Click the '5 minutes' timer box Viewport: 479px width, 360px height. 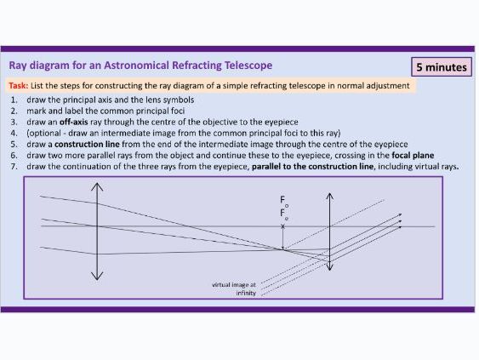pyautogui.click(x=442, y=66)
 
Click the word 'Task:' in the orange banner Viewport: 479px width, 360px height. pyautogui.click(x=18, y=86)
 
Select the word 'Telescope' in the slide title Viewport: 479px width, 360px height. pyautogui.click(x=248, y=66)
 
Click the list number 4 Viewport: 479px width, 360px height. pyautogui.click(x=14, y=133)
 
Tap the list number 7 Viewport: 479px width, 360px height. pyautogui.click(x=14, y=166)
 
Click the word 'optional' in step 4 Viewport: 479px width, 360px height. pyautogui.click(x=48, y=133)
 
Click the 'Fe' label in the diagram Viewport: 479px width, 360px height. pyautogui.click(x=284, y=215)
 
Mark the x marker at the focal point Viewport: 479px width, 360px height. pyautogui.click(x=283, y=226)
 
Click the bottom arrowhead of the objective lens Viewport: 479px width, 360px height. pyautogui.click(x=98, y=277)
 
